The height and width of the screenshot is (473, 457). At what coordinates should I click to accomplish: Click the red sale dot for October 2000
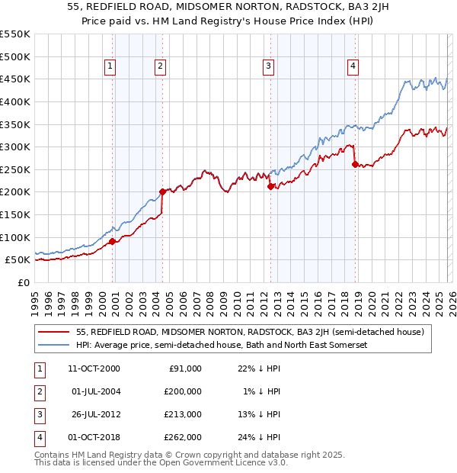pos(112,241)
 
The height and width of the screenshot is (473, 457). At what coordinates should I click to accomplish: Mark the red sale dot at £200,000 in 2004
pos(161,192)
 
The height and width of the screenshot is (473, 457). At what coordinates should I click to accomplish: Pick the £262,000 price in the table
pos(183,437)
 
